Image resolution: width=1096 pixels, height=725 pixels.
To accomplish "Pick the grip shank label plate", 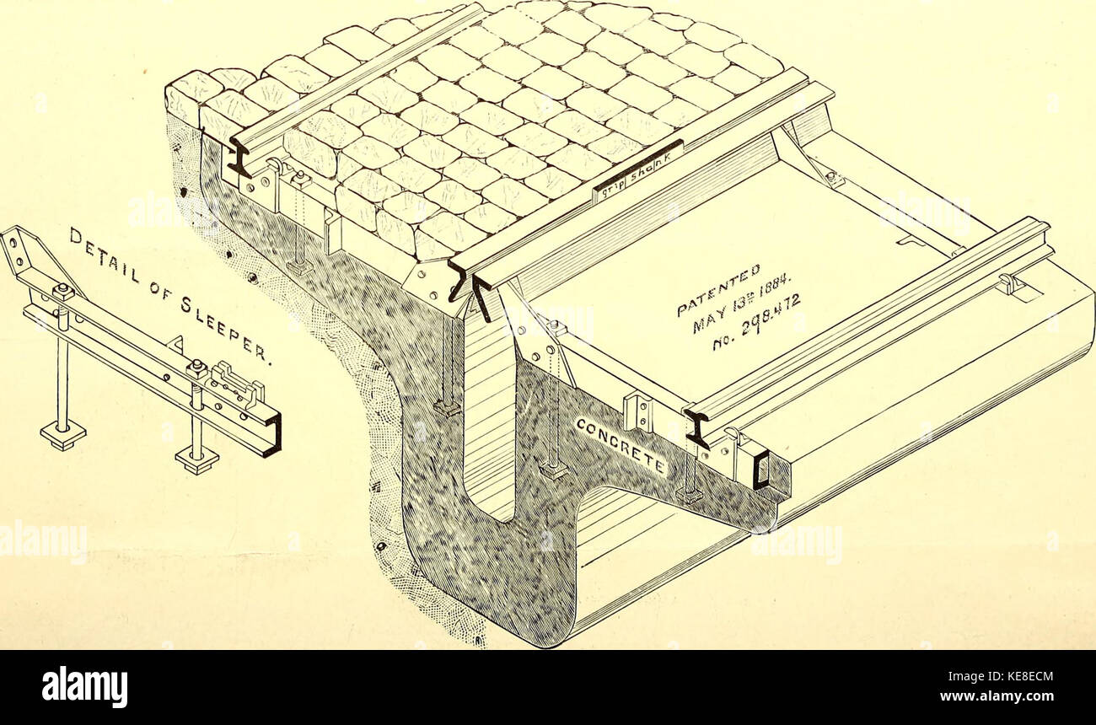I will pyautogui.click(x=637, y=171).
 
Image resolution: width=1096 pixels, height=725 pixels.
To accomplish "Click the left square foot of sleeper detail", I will pyautogui.click(x=62, y=435).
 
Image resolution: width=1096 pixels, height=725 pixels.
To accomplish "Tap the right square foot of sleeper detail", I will pyautogui.click(x=196, y=459).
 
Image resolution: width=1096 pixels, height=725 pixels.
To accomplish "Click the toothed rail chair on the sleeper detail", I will pyautogui.click(x=239, y=384).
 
